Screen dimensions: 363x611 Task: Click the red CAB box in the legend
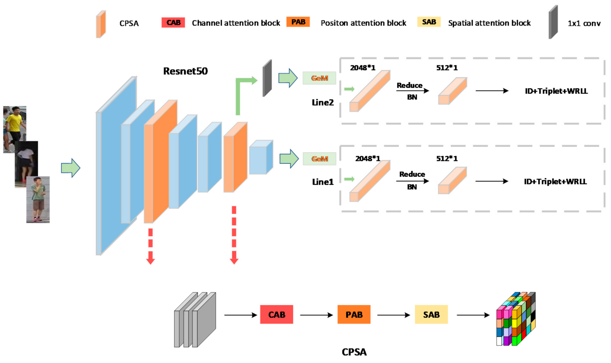coord(173,22)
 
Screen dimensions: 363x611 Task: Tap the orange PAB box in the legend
coord(298,22)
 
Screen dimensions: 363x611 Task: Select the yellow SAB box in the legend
coord(429,22)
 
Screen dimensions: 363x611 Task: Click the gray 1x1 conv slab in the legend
coord(553,22)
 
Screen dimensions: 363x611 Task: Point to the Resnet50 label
coord(185,71)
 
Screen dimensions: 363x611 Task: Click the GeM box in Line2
coord(319,78)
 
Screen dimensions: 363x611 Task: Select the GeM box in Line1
coord(319,159)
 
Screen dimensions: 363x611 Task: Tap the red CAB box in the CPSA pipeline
coord(277,315)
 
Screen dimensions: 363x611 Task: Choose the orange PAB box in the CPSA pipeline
coord(354,315)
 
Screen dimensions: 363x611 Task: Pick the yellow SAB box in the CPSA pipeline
coord(431,315)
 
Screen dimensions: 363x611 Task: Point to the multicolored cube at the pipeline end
coord(516,319)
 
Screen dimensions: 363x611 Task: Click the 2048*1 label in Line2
coord(363,68)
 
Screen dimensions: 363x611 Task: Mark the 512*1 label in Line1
coord(447,158)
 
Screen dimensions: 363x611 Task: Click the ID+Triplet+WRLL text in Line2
coord(556,91)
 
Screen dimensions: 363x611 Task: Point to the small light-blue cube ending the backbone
coord(261,157)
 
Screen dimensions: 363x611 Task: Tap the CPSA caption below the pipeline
coord(354,352)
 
